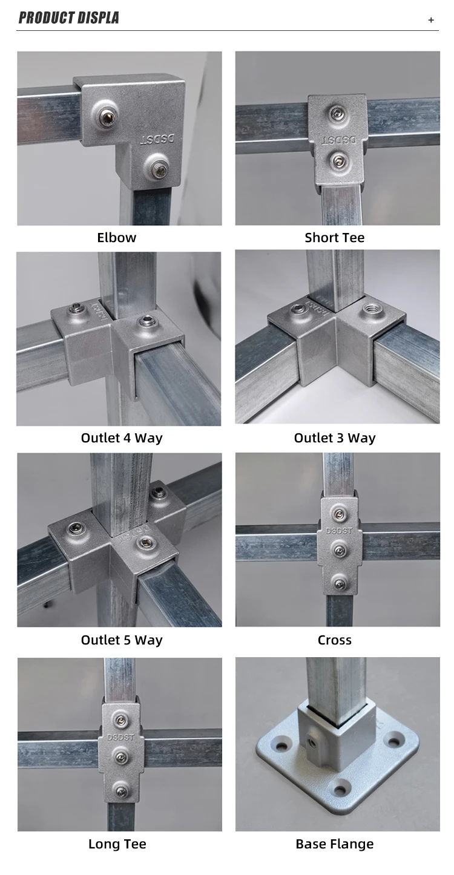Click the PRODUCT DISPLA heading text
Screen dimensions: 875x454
[68, 18]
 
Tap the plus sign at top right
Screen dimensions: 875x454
[431, 20]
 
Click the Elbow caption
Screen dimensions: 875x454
[117, 238]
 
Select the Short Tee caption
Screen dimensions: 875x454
[335, 238]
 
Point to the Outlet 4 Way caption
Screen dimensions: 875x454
[122, 438]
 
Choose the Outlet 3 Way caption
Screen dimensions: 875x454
[335, 438]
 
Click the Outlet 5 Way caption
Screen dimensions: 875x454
[122, 640]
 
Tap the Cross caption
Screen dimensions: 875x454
[335, 640]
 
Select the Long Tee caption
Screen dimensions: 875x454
[117, 844]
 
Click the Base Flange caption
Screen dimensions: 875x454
[335, 844]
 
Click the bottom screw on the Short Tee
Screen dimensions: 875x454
[337, 160]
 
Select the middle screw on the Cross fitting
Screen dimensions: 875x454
[340, 551]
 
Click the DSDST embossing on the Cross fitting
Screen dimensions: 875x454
[340, 531]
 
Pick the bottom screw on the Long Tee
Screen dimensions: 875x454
[122, 789]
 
